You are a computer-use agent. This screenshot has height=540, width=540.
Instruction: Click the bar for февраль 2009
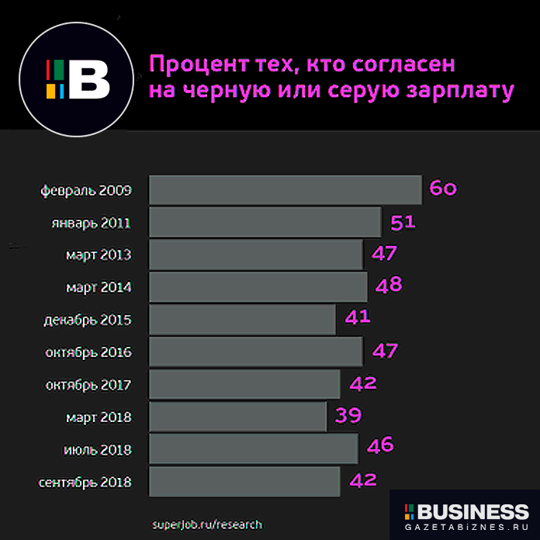pyautogui.click(x=285, y=190)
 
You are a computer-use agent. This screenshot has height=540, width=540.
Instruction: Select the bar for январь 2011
pyautogui.click(x=265, y=223)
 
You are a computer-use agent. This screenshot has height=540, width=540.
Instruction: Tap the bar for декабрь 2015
pyautogui.click(x=242, y=319)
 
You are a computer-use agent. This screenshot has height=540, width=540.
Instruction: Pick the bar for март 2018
pyautogui.click(x=237, y=417)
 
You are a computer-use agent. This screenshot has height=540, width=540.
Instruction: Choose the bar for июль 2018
pyautogui.click(x=253, y=449)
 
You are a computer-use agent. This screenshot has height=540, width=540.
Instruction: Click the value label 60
pyautogui.click(x=442, y=189)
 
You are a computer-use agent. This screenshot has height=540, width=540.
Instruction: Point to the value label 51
pyautogui.click(x=403, y=222)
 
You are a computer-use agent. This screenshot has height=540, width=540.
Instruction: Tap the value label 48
pyautogui.click(x=389, y=286)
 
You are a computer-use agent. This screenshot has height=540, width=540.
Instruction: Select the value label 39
pyautogui.click(x=348, y=416)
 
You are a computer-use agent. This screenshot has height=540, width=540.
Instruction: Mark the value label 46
pyautogui.click(x=380, y=445)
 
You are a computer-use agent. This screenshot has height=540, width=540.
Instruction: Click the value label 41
pyautogui.click(x=358, y=317)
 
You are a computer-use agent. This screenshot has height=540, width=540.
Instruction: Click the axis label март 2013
pyautogui.click(x=99, y=255)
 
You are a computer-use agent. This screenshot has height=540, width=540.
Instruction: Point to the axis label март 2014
pyautogui.click(x=99, y=288)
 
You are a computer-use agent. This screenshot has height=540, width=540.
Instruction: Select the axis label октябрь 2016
pyautogui.click(x=88, y=353)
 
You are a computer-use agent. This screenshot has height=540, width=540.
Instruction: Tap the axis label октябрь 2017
pyautogui.click(x=88, y=386)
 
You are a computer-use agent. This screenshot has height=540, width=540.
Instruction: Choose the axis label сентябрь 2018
pyautogui.click(x=85, y=483)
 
